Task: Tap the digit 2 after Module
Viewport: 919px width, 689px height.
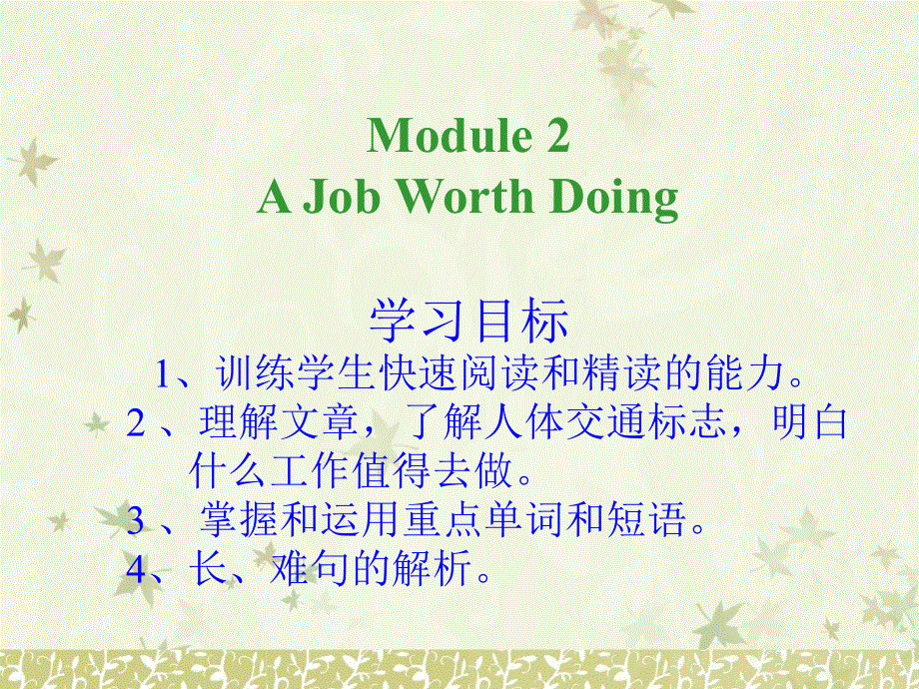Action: pos(557,136)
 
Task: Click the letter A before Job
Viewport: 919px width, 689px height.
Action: pos(275,198)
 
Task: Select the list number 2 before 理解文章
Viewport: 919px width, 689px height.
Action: pos(137,423)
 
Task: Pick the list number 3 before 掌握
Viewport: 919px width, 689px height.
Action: pos(137,518)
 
